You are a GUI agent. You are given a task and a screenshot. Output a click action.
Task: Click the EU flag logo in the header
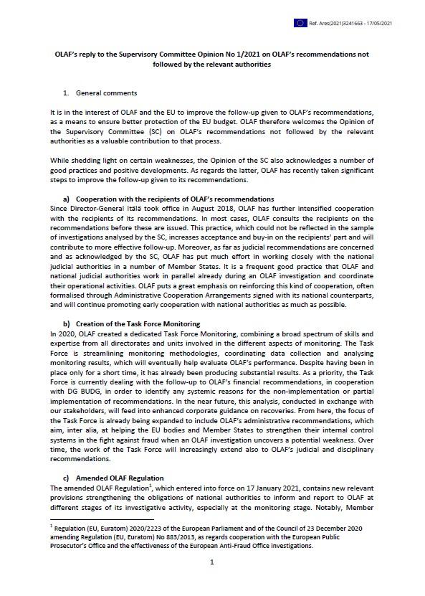pos(300,23)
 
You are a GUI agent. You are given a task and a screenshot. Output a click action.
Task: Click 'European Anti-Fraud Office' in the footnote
pos(213,544)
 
